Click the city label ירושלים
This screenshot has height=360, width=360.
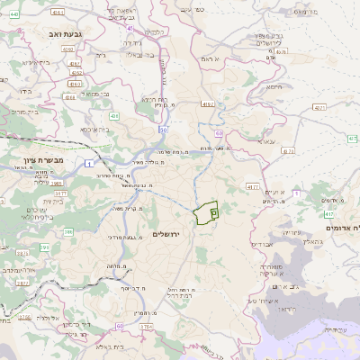[167, 234]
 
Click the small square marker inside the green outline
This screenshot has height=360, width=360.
[213, 211]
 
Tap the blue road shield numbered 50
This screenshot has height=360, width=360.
[164, 130]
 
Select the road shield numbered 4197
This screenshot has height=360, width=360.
[208, 104]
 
